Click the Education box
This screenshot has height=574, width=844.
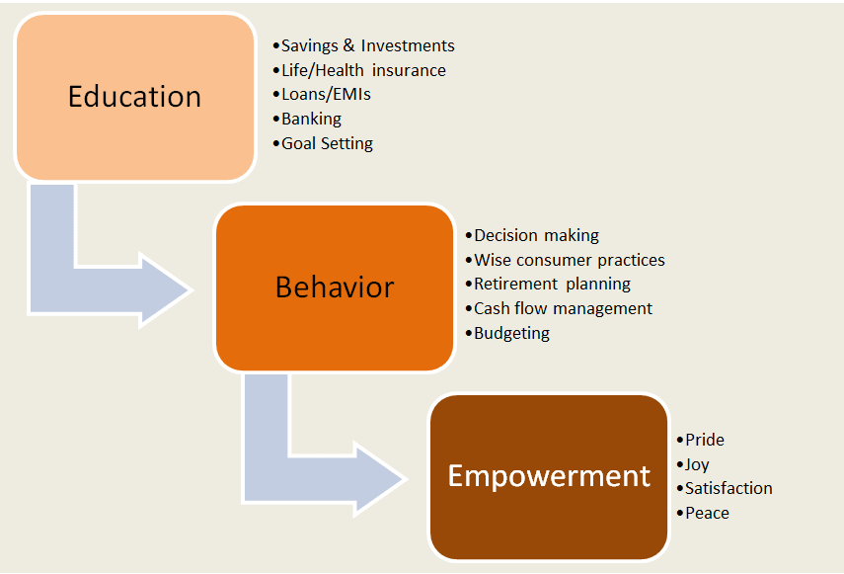[x=135, y=98]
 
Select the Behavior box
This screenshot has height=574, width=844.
[x=335, y=287]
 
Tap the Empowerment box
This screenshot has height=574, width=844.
[x=549, y=477]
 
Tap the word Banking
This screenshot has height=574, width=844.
[x=311, y=119]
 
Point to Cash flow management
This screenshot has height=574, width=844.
[x=563, y=308]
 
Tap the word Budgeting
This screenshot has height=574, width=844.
[x=511, y=333]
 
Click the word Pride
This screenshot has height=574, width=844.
[x=705, y=440]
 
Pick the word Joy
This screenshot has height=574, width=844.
[x=697, y=464]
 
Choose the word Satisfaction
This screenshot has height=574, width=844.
[x=729, y=488]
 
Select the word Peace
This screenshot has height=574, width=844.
[x=707, y=513]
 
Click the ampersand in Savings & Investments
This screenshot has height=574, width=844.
[x=348, y=45]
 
